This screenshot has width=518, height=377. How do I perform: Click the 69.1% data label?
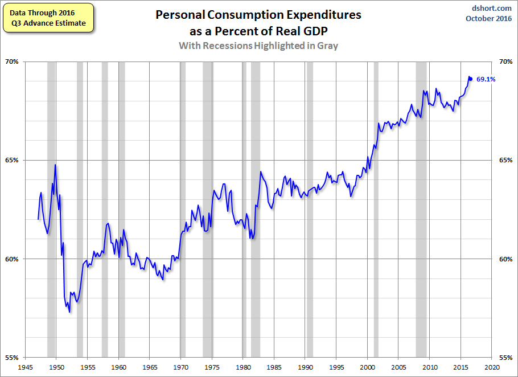coord(486,79)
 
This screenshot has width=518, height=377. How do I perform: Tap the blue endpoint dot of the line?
coord(471,79)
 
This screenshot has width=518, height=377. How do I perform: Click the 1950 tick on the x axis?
coord(56,367)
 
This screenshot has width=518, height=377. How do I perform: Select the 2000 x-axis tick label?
coord(367,367)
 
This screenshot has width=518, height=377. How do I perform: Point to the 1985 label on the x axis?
coord(274,367)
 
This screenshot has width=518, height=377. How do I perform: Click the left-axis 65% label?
coord(11,160)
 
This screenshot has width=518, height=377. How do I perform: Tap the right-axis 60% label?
coord(506,259)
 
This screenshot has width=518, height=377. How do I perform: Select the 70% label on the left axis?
coord(11,62)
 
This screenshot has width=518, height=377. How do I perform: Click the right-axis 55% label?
coord(506,358)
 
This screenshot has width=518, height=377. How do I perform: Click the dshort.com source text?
coord(491,9)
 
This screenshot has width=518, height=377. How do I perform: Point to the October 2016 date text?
coord(488,18)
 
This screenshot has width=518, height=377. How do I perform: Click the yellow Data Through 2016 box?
coord(48,18)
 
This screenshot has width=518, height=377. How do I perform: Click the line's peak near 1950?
coord(55,165)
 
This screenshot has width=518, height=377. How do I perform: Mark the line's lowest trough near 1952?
coord(69,312)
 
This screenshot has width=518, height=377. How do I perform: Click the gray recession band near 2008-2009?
coord(421,210)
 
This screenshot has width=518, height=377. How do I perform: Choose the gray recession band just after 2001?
coord(376,210)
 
